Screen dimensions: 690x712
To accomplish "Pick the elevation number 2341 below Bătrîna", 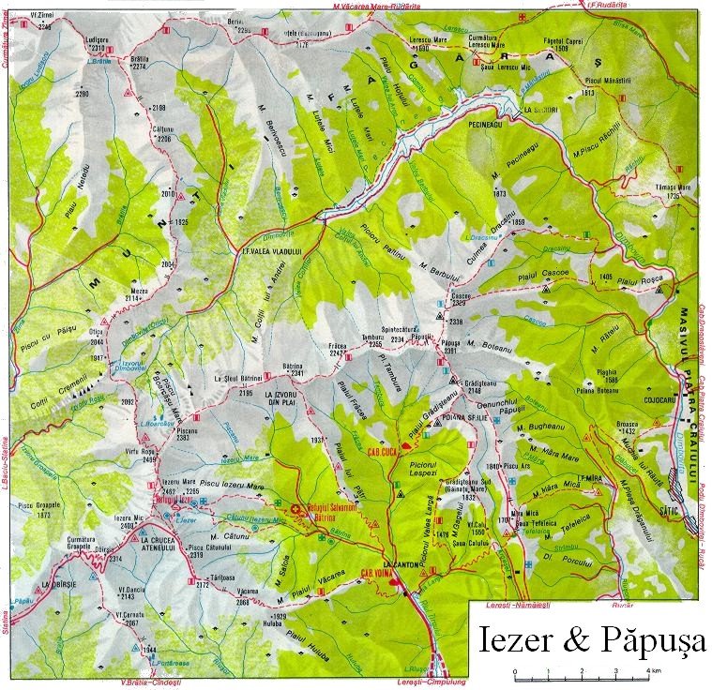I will click(x=299, y=373).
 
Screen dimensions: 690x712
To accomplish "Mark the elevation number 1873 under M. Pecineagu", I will click(x=499, y=193).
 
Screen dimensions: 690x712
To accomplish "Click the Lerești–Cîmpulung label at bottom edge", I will click(x=431, y=683).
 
